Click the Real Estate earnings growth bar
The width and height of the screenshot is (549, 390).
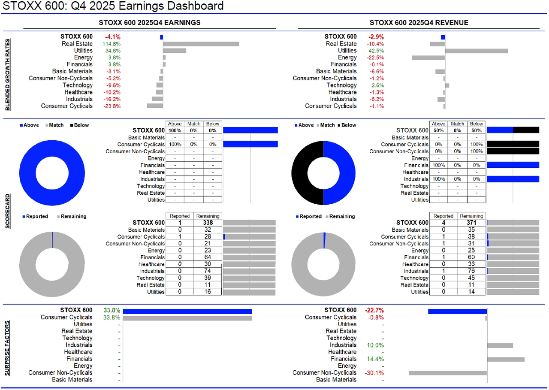pos(201,44)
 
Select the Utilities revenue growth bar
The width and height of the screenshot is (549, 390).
pos(477,51)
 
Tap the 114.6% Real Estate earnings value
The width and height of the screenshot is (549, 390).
pos(112,44)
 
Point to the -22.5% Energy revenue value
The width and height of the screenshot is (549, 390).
pos(375,57)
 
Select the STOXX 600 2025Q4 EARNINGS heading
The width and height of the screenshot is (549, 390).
pos(149,22)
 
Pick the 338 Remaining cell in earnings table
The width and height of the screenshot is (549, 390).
pos(208,223)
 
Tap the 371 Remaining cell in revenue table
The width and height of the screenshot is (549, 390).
pos(471,223)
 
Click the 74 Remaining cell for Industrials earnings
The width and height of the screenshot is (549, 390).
pos(208,271)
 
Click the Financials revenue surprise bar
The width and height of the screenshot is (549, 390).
pos(506,359)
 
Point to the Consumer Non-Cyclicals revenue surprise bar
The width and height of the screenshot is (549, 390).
pos(448,373)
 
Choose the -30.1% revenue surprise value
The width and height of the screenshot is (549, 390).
pos(374,373)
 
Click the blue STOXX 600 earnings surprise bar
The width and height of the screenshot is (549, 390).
pos(187,311)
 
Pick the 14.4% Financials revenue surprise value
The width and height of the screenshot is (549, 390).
pos(375,359)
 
